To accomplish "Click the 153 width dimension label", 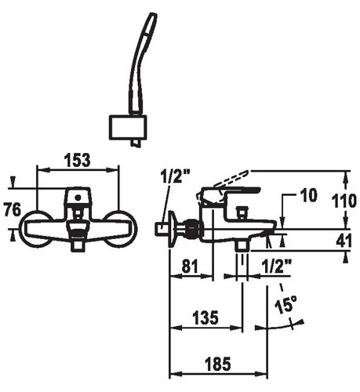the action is click(78, 160).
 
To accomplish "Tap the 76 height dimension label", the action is click(13, 209).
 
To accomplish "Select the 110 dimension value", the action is click(344, 201).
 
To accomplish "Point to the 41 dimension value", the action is click(344, 241).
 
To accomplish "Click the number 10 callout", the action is click(309, 195).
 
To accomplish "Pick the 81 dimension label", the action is click(190, 267).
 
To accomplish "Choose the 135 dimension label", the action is click(205, 318).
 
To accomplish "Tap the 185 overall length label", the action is click(218, 364).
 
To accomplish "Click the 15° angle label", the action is click(286, 305).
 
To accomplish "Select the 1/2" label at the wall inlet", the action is click(175, 176).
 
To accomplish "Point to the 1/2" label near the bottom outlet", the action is click(276, 267).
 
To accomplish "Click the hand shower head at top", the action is click(142, 64).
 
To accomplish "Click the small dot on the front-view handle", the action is click(78, 198).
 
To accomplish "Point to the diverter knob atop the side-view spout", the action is click(242, 211).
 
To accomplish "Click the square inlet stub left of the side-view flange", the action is click(162, 230).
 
